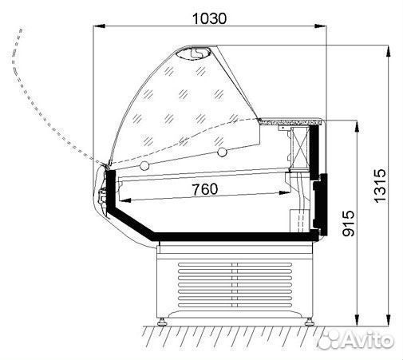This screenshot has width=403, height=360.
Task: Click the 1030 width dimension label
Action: pos(209,18)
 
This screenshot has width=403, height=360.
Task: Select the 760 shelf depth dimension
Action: pos(204,189)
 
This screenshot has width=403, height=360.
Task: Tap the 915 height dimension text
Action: pos(349,224)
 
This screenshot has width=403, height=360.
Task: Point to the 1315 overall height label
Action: pos(380,186)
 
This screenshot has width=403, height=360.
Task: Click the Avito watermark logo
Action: pos(356,339)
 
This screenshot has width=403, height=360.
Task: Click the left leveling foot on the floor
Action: pos(162,322)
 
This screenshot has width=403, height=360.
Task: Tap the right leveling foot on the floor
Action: pos(310,322)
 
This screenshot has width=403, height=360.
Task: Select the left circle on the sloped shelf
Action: pos(144,166)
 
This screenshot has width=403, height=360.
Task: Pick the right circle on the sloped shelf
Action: pos(222,152)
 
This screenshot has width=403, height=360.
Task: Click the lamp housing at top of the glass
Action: pos(193,53)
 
